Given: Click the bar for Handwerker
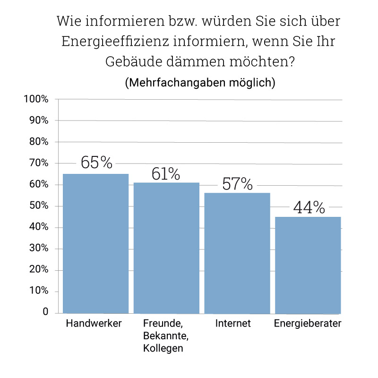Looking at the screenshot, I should pyautogui.click(x=95, y=243).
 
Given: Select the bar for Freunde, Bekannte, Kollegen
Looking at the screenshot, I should pyautogui.click(x=166, y=248).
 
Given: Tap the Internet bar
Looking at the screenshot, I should pyautogui.click(x=237, y=253).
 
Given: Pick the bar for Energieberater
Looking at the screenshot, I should pyautogui.click(x=308, y=265).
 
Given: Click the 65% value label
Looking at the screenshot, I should pyautogui.click(x=96, y=163).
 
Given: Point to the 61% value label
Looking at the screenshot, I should pyautogui.click(x=166, y=174).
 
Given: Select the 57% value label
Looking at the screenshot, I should pyautogui.click(x=237, y=184).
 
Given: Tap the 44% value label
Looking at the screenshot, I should pyautogui.click(x=309, y=208).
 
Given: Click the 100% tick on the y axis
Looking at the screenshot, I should pyautogui.click(x=36, y=99).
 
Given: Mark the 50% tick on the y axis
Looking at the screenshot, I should pyautogui.click(x=38, y=206).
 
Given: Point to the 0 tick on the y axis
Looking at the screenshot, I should pyautogui.click(x=45, y=312).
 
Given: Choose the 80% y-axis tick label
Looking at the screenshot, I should pyautogui.click(x=38, y=142).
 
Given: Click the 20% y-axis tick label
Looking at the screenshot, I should pyautogui.click(x=38, y=270).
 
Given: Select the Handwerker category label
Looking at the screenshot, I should pyautogui.click(x=94, y=324).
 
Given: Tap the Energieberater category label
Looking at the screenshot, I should pyautogui.click(x=308, y=324).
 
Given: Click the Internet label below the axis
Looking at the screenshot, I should pyautogui.click(x=233, y=324).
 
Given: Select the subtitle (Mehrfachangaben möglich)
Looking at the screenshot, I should pyautogui.click(x=200, y=82).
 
